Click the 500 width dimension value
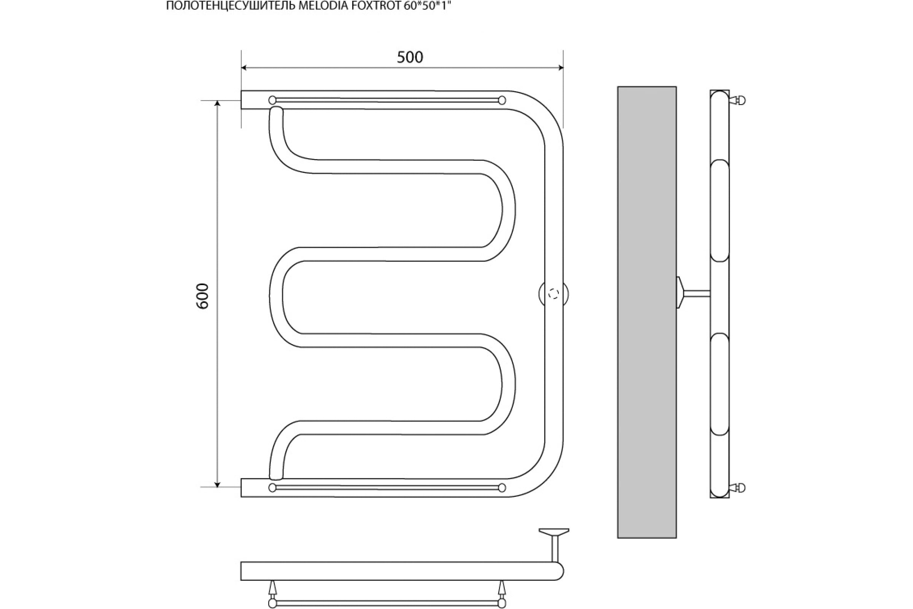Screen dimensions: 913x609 410,57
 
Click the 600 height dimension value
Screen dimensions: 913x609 203,296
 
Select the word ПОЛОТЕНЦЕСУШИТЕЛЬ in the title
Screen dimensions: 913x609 231,5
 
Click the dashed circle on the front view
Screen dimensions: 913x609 554,294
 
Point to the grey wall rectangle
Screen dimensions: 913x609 647,312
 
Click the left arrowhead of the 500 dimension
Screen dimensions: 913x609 244,68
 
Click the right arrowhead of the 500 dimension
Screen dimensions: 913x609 560,68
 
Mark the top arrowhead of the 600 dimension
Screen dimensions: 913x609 217,103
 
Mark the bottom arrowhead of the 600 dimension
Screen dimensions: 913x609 217,484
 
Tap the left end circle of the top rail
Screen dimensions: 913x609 272,100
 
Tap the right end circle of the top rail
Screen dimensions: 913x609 502,100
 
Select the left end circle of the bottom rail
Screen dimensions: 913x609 272,488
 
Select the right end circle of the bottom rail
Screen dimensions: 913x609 502,488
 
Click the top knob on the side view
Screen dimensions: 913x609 738,100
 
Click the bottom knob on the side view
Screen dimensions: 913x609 738,487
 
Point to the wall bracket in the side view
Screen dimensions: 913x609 693,293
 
